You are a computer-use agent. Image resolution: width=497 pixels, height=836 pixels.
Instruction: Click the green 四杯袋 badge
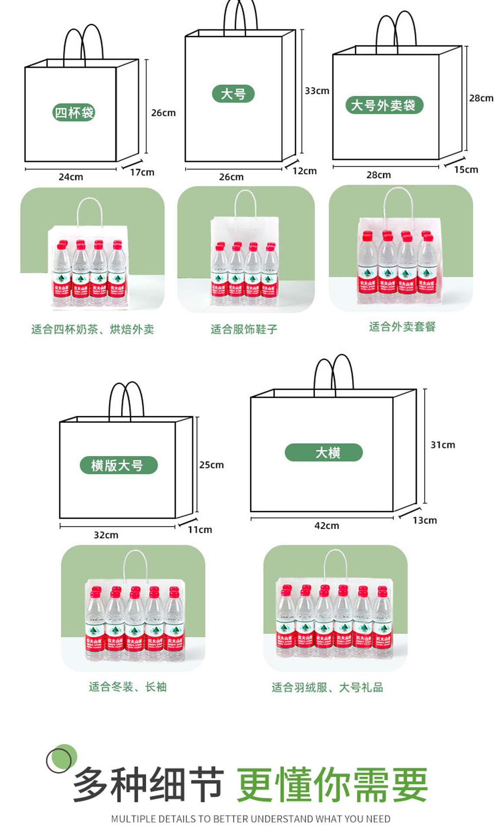74,112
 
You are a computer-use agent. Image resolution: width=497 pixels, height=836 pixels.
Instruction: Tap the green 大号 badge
233,94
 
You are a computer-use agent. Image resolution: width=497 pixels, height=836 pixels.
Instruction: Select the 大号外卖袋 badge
384,105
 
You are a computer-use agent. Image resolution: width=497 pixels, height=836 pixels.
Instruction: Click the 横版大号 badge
118,465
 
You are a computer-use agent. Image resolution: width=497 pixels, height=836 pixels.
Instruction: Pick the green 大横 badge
323,452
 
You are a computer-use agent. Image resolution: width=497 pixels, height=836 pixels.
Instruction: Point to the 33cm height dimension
317,91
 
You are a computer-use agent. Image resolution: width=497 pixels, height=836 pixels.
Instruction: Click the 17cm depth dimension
142,172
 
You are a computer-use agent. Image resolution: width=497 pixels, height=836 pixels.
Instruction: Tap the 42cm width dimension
327,526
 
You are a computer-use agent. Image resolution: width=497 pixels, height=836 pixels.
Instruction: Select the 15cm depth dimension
466,169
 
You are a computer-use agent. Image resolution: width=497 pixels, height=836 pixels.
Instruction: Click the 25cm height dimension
212,465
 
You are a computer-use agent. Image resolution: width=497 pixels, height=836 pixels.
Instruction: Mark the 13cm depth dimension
425,520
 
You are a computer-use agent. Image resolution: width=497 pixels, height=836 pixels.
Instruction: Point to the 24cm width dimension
71,177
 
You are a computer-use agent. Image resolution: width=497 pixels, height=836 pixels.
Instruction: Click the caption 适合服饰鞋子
244,329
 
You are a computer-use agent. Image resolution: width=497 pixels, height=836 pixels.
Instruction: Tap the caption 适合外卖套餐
402,327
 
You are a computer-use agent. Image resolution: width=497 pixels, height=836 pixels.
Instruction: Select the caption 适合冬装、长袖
128,687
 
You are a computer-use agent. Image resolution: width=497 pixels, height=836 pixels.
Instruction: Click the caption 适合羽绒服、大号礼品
327,687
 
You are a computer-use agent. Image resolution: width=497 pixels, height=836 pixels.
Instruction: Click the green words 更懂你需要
332,784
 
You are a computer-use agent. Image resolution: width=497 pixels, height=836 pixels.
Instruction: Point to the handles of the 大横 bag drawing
334,372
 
